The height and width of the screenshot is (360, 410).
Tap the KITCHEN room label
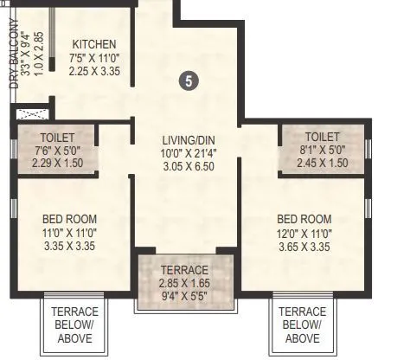tap(93, 45)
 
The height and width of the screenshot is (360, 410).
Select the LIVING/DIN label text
tap(188, 139)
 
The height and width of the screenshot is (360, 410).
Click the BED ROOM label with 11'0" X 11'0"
tap(69, 218)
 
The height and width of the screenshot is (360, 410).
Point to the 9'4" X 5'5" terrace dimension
tap(183, 295)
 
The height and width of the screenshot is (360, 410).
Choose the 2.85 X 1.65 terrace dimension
tap(183, 282)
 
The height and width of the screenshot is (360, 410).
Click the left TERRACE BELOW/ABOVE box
tap(75, 325)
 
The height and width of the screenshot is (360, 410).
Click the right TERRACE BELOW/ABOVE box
tap(304, 325)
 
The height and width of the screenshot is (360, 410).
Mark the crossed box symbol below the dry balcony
tap(29, 114)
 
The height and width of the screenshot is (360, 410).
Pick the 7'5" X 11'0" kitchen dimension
tap(94, 59)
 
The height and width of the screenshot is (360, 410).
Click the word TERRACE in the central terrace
tap(183, 269)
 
